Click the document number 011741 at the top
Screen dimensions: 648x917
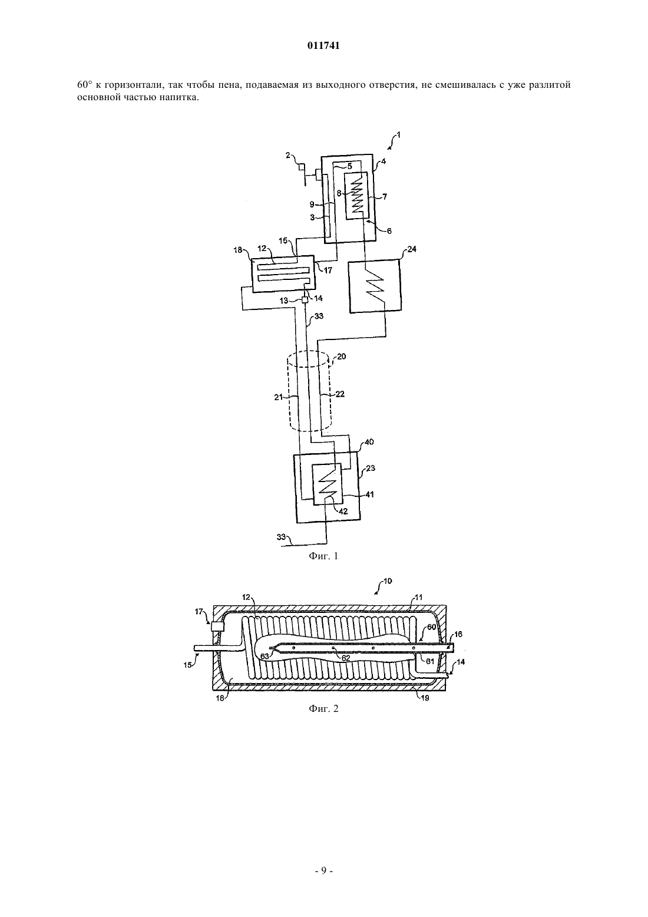323,46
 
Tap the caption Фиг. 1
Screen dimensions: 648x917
323,556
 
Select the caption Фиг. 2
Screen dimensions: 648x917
323,708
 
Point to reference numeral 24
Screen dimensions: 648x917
412,249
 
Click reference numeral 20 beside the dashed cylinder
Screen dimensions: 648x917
342,357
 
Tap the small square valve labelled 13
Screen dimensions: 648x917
305,300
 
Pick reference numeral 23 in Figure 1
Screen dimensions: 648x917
371,468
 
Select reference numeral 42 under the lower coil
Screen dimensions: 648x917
343,512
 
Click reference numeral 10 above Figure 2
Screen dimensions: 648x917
388,581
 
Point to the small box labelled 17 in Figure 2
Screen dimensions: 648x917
217,626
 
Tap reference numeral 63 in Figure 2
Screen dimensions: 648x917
265,657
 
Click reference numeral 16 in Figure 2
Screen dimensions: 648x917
458,634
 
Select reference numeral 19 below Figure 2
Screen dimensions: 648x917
425,698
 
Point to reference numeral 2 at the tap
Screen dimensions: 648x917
288,155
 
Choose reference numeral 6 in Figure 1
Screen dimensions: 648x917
389,231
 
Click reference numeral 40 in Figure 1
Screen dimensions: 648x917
369,442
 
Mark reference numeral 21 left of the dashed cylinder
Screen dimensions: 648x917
279,397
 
